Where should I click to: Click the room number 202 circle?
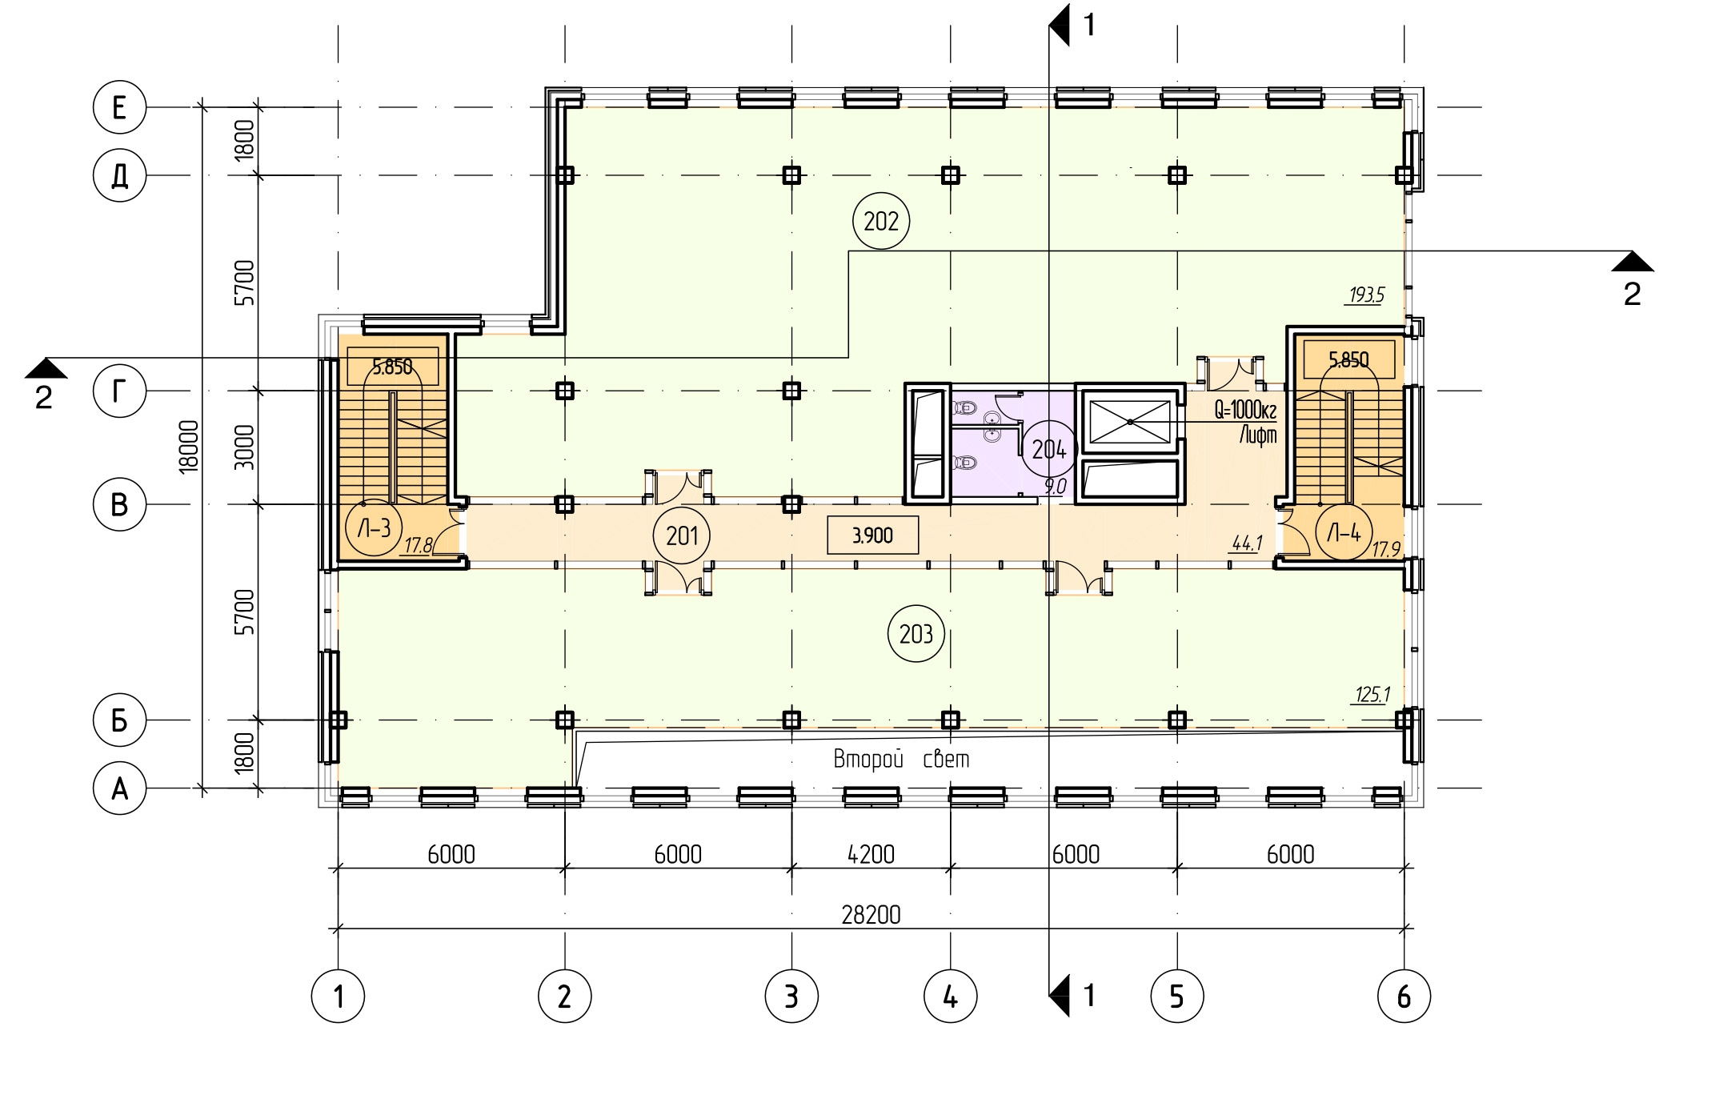(x=881, y=221)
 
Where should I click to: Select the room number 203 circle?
(x=916, y=634)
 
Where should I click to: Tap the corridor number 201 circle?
(x=682, y=535)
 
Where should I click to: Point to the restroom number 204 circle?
(x=1048, y=449)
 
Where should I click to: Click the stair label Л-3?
(x=374, y=528)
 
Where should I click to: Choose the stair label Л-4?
(x=1344, y=532)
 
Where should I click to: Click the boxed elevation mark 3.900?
(x=872, y=535)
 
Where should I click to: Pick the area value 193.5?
(x=1366, y=295)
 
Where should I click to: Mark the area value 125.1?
(x=1372, y=694)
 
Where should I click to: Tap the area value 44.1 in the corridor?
(x=1247, y=543)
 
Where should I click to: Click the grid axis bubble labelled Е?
(x=119, y=106)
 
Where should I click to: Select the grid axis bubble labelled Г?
(x=119, y=391)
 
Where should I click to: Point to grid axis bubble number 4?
(x=950, y=997)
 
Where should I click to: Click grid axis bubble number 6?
(x=1404, y=997)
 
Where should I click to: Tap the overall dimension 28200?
(x=871, y=914)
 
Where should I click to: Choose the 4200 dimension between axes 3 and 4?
(x=871, y=854)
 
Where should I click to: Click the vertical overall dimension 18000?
(x=189, y=447)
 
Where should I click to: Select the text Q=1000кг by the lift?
(x=1245, y=411)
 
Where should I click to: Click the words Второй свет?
(x=901, y=758)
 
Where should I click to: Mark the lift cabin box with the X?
(x=1129, y=422)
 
